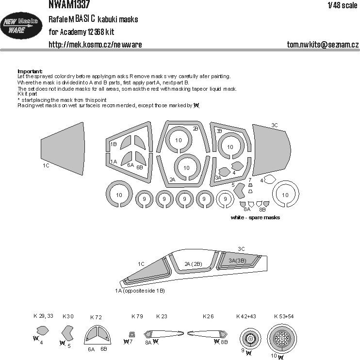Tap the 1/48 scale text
(342, 5)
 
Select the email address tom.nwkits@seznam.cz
(323, 45)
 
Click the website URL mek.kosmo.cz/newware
(95, 45)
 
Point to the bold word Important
(30, 71)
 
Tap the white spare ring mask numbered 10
(285, 195)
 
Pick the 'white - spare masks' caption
(256, 218)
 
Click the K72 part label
(96, 317)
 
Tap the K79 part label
(137, 316)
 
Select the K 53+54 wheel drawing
(282, 338)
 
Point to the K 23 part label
(162, 316)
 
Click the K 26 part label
(208, 316)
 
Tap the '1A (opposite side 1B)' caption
(140, 290)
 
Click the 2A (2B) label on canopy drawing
(194, 263)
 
